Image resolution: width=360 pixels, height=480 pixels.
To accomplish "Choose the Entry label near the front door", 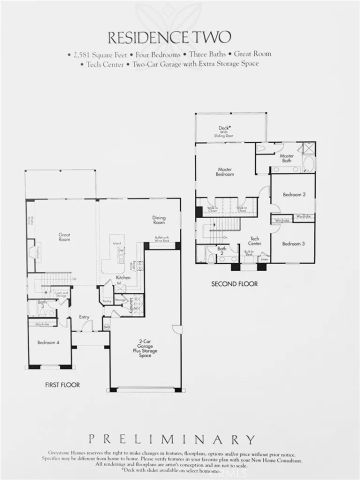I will pyautogui.click(x=85, y=319).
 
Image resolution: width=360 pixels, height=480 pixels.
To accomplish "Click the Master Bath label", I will pyautogui.click(x=287, y=157).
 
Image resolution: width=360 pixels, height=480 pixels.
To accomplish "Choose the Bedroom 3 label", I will pyautogui.click(x=292, y=243).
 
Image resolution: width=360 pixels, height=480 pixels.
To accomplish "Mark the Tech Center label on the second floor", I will pyautogui.click(x=255, y=239).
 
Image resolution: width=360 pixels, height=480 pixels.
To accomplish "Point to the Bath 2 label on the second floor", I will pyautogui.click(x=221, y=249).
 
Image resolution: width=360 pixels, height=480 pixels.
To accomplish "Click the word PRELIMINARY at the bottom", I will pyautogui.click(x=180, y=438).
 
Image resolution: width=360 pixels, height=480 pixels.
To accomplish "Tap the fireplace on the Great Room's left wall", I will pyautogui.click(x=32, y=253).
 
